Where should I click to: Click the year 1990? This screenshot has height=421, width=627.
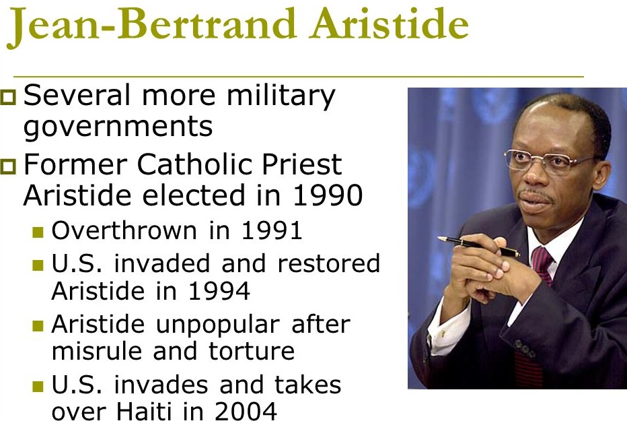pos(328,195)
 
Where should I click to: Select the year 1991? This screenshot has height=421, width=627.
pos(272,230)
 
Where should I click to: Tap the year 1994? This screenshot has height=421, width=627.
pos(219,290)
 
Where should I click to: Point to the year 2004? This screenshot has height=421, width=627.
pos(246,411)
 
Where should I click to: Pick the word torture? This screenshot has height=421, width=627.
pos(252,351)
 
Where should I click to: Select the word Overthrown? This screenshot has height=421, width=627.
pos(124,230)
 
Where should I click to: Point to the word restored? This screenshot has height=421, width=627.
pos(328,263)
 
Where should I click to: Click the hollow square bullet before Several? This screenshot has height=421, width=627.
pos(8,97)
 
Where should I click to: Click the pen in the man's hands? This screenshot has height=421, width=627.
pos(478,245)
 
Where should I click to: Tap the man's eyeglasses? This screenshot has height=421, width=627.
pos(551,160)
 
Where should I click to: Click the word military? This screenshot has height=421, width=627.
pos(281,96)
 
